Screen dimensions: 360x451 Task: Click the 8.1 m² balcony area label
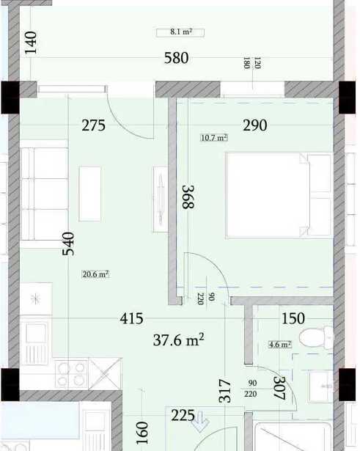(x=180, y=32)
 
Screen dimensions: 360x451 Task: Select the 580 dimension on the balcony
(x=177, y=58)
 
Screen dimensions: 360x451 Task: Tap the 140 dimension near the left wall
(x=31, y=43)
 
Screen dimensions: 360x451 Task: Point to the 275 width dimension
(x=93, y=125)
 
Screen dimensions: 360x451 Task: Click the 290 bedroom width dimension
(x=254, y=125)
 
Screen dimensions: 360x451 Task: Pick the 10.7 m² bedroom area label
(x=214, y=138)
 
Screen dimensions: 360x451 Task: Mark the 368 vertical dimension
(x=188, y=197)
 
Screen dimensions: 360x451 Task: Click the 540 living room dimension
(x=68, y=244)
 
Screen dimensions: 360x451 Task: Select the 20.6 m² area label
(x=95, y=274)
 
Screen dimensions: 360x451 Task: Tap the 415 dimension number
(x=132, y=319)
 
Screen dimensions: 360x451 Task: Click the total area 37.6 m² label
(x=179, y=340)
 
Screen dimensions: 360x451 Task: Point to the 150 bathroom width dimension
(x=293, y=319)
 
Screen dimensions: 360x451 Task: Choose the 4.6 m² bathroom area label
(x=280, y=344)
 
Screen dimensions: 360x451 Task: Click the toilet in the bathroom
(x=316, y=337)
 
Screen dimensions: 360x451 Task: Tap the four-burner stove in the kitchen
(x=71, y=373)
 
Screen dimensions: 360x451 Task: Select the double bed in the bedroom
(x=279, y=195)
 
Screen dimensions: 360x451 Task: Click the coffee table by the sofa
(x=90, y=194)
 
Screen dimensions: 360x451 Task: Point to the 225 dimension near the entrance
(x=183, y=415)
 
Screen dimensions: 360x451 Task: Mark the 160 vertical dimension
(x=142, y=433)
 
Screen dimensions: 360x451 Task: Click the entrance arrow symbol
(x=201, y=422)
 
